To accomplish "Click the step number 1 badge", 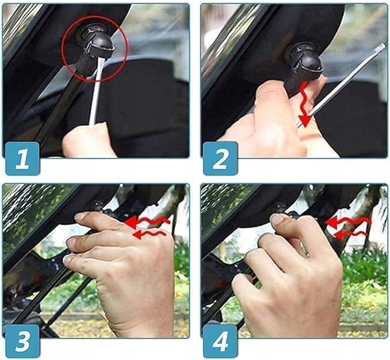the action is pos(22,158).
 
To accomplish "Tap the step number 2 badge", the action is pos(221,158).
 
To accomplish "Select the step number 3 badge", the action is pos(22,341).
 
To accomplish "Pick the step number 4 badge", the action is pos(221,341).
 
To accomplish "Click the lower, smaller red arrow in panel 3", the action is pos(149,234).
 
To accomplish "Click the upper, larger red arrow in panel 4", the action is pos(348,221).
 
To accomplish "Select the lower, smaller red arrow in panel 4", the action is pos(351,234).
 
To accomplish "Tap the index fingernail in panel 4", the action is pos(276,218).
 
